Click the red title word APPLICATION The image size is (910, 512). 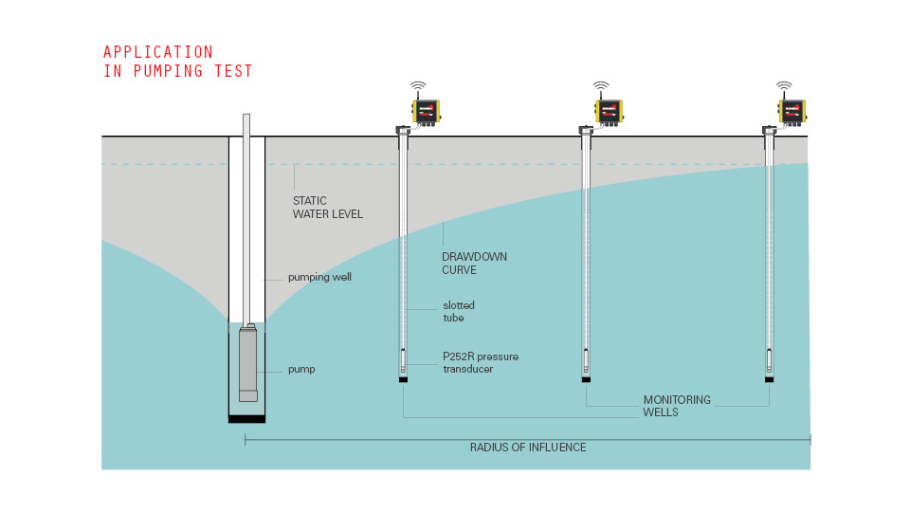(158, 52)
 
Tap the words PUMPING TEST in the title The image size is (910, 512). (192, 71)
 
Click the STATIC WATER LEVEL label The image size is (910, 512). (327, 208)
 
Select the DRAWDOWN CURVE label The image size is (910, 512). (474, 263)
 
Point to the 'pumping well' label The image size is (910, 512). (319, 277)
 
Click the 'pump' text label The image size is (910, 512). (301, 369)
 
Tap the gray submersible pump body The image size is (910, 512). (247, 363)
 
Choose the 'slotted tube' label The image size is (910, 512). (459, 311)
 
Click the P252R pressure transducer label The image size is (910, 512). (481, 362)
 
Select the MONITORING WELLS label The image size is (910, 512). (677, 406)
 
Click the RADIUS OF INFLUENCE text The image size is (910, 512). (528, 448)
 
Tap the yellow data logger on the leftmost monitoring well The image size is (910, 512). (426, 111)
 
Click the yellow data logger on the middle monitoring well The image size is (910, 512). (609, 111)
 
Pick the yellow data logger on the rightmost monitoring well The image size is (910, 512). (792, 111)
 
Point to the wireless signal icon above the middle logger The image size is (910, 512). (601, 86)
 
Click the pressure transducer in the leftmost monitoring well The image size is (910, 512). (404, 361)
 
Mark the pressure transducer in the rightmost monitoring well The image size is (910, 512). (769, 361)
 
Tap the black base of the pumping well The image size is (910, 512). (246, 419)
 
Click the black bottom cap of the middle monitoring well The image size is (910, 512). (586, 379)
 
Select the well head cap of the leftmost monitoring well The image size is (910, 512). (403, 131)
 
